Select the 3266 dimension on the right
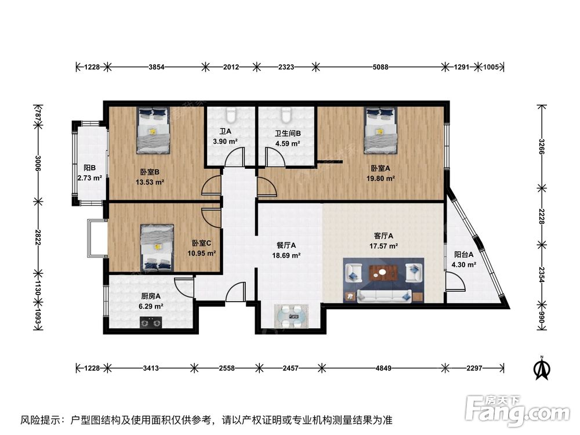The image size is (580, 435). pyautogui.click(x=542, y=146)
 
